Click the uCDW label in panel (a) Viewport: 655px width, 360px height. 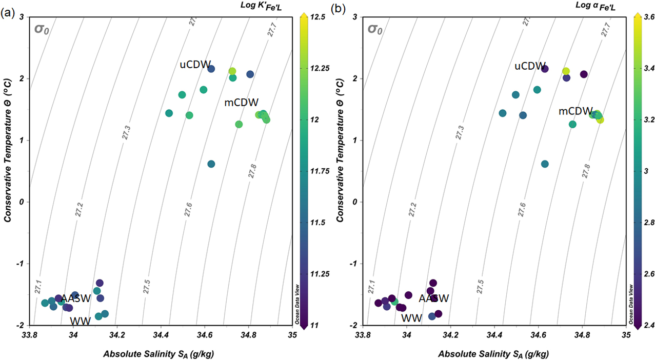click(x=195, y=65)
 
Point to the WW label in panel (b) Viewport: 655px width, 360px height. click(x=411, y=318)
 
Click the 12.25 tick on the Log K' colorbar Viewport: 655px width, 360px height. click(x=316, y=68)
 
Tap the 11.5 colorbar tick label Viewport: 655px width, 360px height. click(x=313, y=223)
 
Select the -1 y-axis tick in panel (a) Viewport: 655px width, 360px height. click(x=19, y=264)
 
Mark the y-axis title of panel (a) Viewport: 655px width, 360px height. click(x=9, y=170)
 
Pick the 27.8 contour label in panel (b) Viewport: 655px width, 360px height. click(x=586, y=170)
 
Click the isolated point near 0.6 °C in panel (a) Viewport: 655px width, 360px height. click(x=211, y=164)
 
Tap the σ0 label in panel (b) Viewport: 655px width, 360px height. click(x=376, y=29)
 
